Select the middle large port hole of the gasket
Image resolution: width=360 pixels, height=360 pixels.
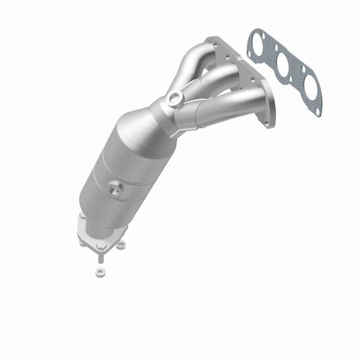tap(283, 64)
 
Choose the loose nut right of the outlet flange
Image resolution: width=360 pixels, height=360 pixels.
tap(120, 246)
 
